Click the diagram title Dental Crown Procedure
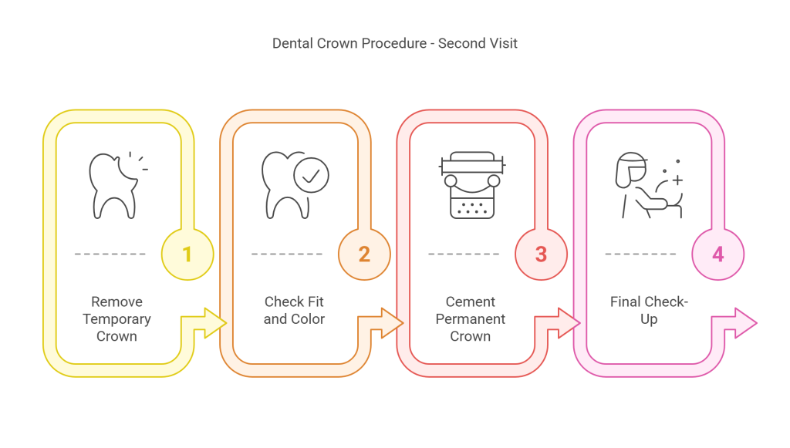pos(349,43)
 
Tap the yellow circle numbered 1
pos(187,254)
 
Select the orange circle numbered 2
pos(364,254)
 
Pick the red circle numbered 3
pos(541,254)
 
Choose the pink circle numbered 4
pos(717,254)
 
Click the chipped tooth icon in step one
pos(113,185)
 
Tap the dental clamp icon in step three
pos(471,185)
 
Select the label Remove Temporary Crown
pos(116,318)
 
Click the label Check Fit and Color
pos(294,310)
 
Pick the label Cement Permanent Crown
pos(470,318)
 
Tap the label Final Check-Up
pos(648,310)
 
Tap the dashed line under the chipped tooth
pos(110,254)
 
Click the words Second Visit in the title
pos(478,43)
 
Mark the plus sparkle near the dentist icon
pos(677,180)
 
